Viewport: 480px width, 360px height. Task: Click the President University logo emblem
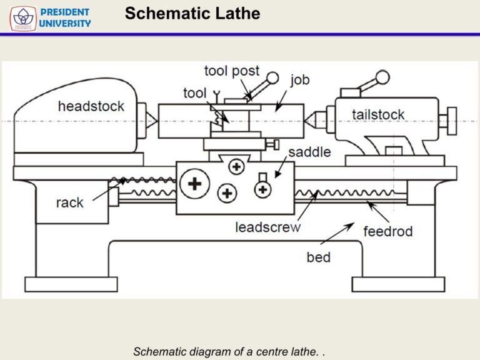coord(22,18)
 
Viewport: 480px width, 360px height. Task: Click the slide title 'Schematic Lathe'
coord(192,14)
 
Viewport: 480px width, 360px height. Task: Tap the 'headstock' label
coord(91,106)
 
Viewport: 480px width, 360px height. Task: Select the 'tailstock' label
coord(377,114)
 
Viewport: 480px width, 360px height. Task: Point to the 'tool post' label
coord(231,71)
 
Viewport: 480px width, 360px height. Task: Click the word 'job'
coord(299,80)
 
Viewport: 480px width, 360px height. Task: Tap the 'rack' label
coord(69,202)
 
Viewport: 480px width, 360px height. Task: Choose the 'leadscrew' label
coord(267,227)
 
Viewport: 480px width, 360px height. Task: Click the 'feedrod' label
coord(387,231)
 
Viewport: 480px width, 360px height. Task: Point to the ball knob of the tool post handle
coord(272,77)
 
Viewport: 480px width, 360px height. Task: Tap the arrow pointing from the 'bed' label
coord(336,234)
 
